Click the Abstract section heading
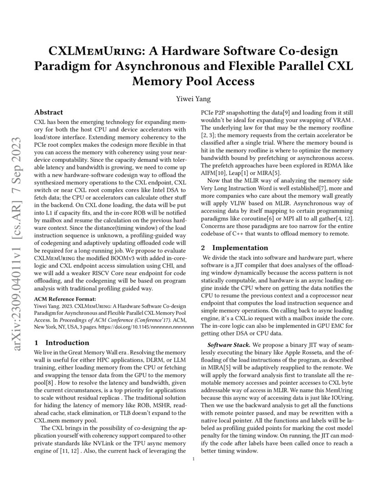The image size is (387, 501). (x=49, y=112)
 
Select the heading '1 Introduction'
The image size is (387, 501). (x=62, y=343)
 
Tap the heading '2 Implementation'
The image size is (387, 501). (x=235, y=248)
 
